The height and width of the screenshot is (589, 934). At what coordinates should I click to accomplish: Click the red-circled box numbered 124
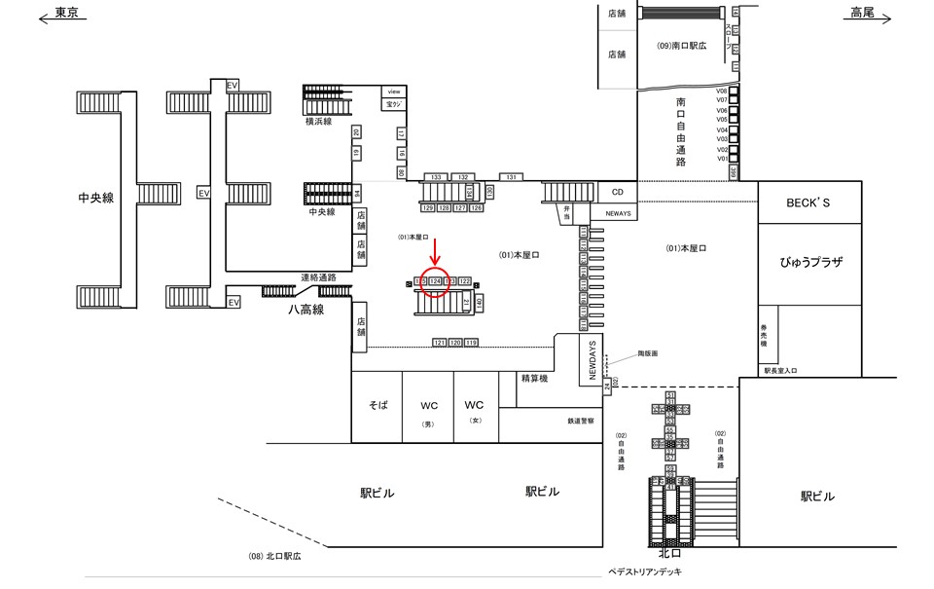click(x=436, y=280)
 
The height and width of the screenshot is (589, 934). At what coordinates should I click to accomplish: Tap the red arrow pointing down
click(x=435, y=250)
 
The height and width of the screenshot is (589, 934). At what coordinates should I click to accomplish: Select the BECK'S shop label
click(x=809, y=202)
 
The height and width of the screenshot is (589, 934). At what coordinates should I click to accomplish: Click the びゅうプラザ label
click(x=809, y=263)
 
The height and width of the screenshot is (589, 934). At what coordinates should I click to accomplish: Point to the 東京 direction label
click(x=66, y=14)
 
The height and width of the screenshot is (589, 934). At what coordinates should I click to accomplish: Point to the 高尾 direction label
click(x=862, y=13)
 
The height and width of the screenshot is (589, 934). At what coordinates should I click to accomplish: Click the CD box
click(x=617, y=192)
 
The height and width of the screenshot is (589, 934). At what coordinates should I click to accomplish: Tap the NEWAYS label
click(x=618, y=211)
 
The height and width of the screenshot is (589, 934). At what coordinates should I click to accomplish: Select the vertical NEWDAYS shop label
click(x=591, y=360)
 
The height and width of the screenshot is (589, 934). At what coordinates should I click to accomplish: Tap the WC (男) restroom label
click(x=428, y=405)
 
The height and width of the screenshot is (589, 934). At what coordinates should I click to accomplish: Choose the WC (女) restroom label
click(x=474, y=405)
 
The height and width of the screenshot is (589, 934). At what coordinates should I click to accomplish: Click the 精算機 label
click(x=535, y=378)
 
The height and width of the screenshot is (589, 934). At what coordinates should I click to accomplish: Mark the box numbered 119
click(x=471, y=343)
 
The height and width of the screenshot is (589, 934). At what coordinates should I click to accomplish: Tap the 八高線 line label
click(x=305, y=310)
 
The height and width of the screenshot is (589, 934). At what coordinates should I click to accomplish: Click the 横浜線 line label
click(x=319, y=122)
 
